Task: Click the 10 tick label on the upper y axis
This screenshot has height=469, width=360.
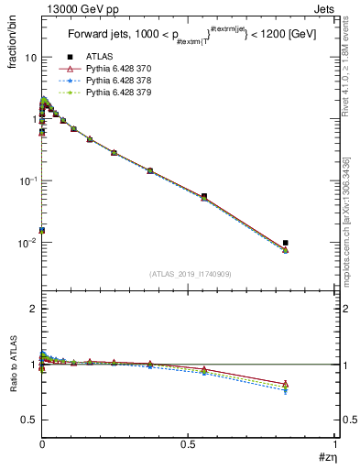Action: click(x=29, y=57)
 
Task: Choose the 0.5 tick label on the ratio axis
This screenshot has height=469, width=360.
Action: click(x=28, y=420)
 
